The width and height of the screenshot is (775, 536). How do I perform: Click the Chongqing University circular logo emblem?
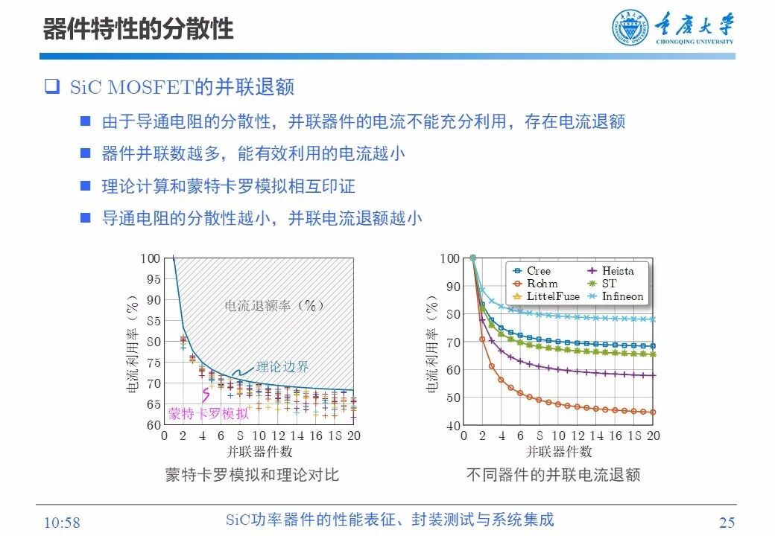tap(630, 28)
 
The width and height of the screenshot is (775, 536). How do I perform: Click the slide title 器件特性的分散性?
tap(138, 28)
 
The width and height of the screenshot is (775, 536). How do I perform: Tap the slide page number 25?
tap(727, 523)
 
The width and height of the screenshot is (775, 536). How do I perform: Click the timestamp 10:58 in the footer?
tap(63, 523)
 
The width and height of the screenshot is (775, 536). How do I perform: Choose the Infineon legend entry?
tap(622, 296)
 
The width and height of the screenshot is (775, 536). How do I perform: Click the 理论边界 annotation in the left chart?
tap(282, 367)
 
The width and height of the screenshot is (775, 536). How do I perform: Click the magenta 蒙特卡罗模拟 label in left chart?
tap(208, 414)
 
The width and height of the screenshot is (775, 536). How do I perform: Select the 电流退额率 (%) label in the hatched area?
tap(275, 306)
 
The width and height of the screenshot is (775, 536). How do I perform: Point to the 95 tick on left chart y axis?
tap(152, 279)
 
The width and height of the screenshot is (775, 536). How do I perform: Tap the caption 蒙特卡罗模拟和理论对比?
tap(251, 475)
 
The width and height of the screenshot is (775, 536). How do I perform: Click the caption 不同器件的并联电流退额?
tap(553, 475)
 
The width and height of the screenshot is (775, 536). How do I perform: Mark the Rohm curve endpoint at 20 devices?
tap(653, 412)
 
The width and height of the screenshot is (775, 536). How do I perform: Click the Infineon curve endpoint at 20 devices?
tap(653, 319)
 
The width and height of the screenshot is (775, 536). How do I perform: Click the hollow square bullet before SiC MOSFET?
tap(51, 87)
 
